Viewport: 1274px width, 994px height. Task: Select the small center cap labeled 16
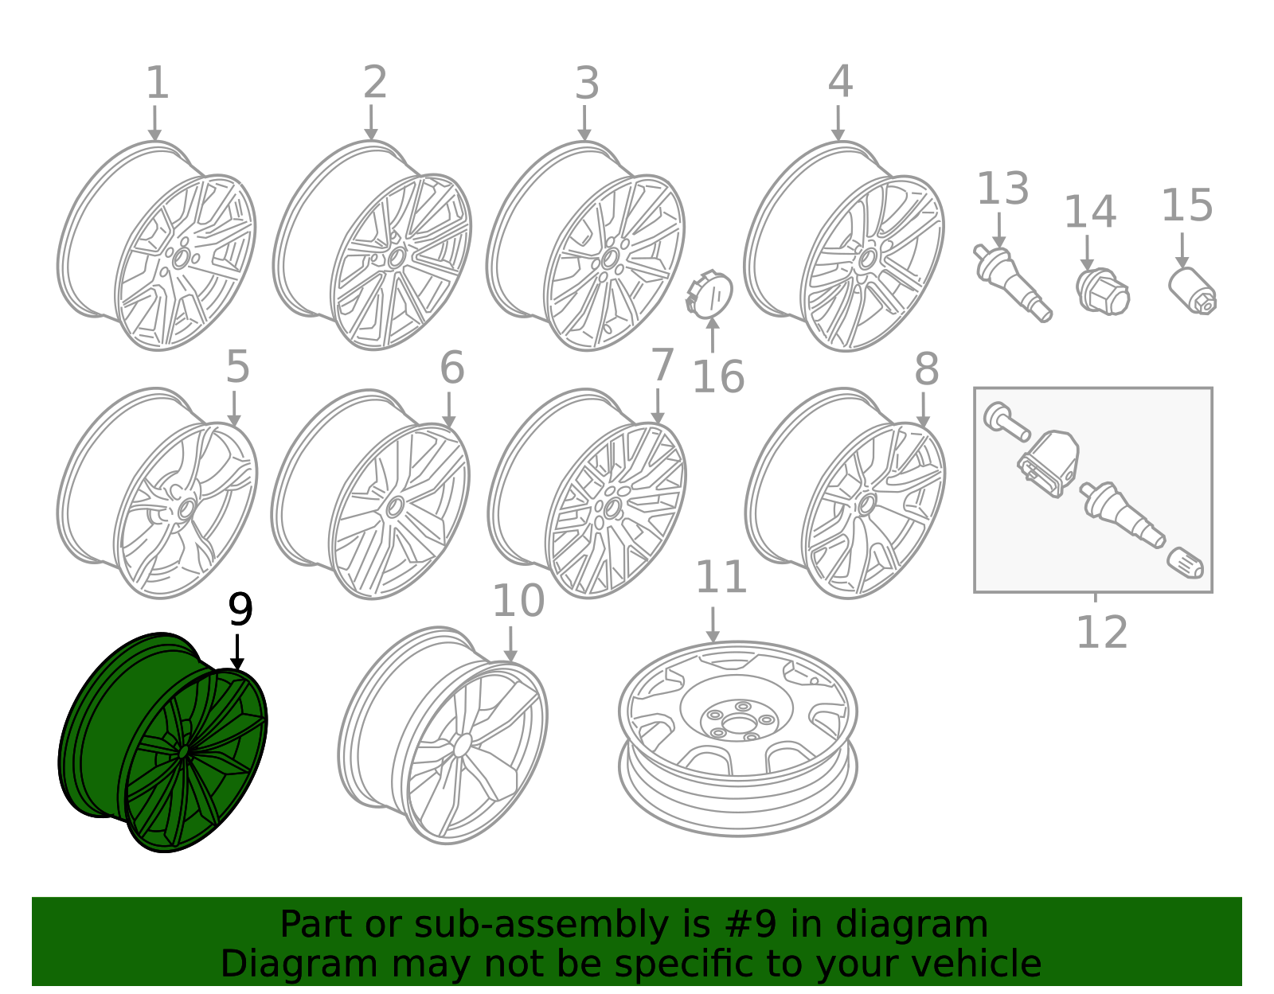(x=709, y=293)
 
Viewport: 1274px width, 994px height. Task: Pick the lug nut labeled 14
(x=1103, y=291)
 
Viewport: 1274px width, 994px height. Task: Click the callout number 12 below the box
(x=1102, y=633)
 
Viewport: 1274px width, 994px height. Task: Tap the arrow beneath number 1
(x=154, y=123)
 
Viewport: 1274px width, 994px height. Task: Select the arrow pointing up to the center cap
(x=713, y=336)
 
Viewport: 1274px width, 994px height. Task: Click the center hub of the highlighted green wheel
(x=183, y=752)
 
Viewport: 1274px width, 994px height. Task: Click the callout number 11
(x=721, y=577)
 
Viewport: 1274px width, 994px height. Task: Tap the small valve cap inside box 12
(x=1185, y=564)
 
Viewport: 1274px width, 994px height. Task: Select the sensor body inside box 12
(x=1049, y=463)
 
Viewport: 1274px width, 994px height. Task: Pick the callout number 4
(x=840, y=81)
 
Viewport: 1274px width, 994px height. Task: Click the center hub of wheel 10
(x=463, y=746)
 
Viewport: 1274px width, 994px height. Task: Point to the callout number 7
(x=662, y=364)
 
